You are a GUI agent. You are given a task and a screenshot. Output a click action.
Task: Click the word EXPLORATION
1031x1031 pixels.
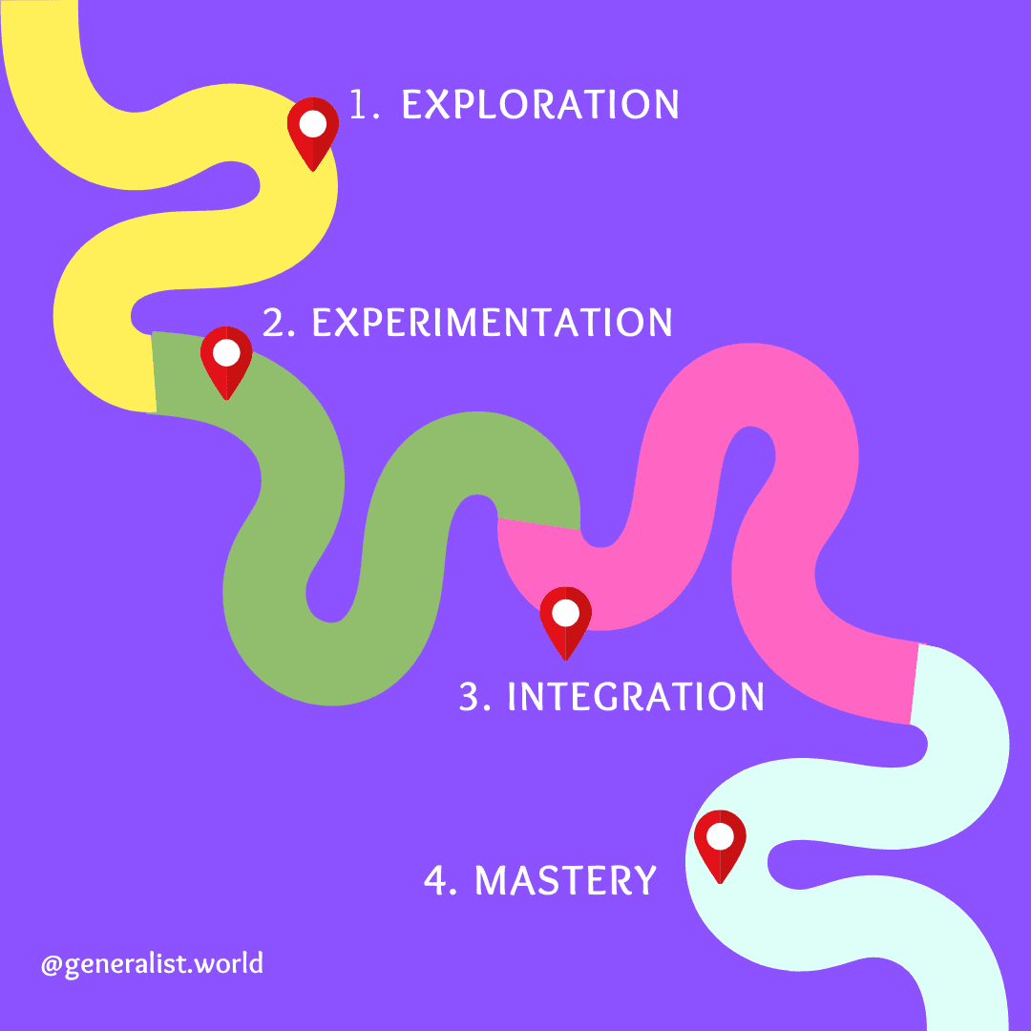pos(540,104)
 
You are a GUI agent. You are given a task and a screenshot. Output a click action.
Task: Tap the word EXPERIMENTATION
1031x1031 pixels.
pos(493,324)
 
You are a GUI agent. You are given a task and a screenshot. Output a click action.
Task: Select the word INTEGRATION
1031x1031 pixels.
pos(636,697)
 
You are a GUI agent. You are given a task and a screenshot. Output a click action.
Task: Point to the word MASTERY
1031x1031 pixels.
pos(566,880)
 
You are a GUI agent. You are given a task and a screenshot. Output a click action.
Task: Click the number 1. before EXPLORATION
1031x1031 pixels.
pos(364,104)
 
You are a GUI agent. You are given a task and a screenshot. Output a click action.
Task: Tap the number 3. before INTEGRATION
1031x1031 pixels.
pos(474,697)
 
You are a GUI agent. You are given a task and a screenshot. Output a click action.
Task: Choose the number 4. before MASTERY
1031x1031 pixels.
pos(440,880)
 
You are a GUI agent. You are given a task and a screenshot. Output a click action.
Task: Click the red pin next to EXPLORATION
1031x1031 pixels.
pos(313,132)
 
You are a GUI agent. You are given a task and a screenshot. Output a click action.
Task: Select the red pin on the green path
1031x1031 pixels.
pos(226,361)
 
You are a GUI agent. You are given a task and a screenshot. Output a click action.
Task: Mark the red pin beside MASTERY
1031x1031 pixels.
pos(720,844)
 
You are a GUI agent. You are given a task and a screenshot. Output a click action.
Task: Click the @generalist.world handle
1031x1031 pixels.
pos(152,963)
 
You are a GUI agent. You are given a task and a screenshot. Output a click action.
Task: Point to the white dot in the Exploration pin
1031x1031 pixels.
pos(313,123)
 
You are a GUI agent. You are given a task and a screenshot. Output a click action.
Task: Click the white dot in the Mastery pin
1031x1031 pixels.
pos(720,836)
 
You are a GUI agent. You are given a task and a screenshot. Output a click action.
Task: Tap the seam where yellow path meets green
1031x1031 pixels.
pos(154,372)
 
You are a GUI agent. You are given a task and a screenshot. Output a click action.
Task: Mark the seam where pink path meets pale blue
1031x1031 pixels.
pos(914,684)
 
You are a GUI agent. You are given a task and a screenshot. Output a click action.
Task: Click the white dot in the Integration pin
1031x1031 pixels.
pos(566,612)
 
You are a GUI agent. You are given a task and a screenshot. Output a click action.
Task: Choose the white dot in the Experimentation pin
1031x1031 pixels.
pos(226,352)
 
